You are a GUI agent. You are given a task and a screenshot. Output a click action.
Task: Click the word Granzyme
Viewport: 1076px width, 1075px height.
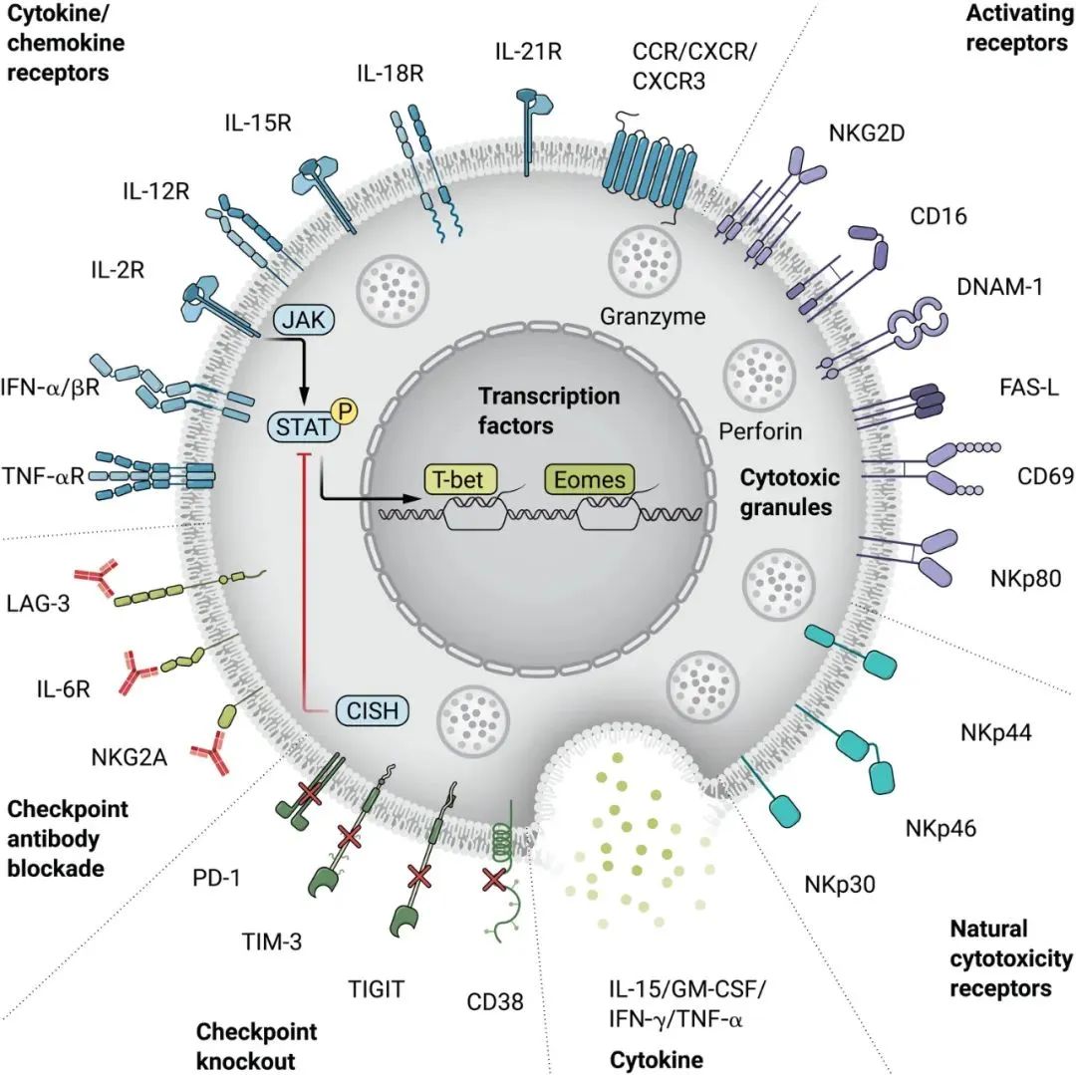pyautogui.click(x=653, y=317)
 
